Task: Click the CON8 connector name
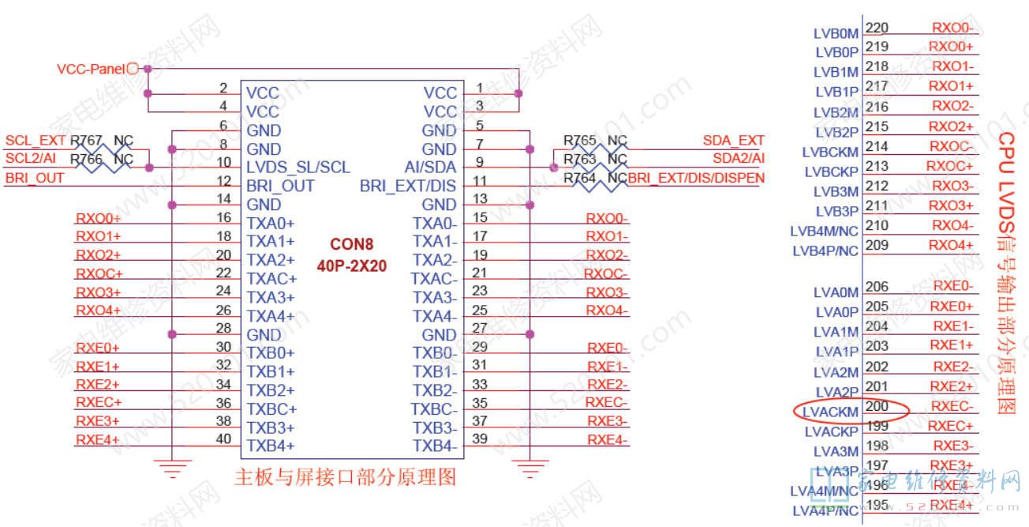[352, 245]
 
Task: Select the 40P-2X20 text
[352, 265]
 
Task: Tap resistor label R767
[86, 141]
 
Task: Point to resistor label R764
[580, 179]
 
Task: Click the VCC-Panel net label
[91, 70]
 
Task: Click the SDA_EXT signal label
[734, 141]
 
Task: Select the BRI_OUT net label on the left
[35, 179]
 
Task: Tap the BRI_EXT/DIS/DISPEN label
[697, 179]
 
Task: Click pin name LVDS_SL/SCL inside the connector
[297, 168]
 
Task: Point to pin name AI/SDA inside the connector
[429, 168]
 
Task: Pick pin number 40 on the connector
[223, 439]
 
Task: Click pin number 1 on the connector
[480, 87]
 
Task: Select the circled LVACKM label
[829, 412]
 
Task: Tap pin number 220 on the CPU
[877, 28]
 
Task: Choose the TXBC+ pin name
[271, 409]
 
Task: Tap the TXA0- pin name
[435, 224]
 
